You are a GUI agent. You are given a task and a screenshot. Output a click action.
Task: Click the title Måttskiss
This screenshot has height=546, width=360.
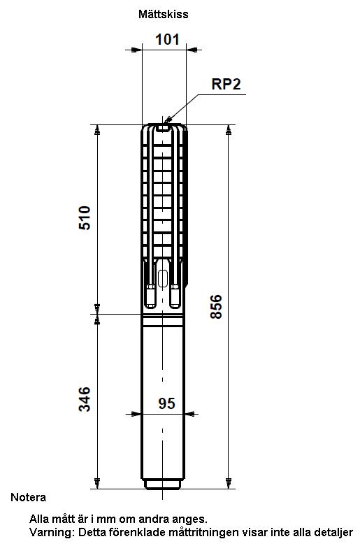click(164, 14)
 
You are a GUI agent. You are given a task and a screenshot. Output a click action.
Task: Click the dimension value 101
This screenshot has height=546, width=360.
click(167, 39)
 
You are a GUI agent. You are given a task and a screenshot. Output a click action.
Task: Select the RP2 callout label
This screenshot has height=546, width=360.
click(226, 84)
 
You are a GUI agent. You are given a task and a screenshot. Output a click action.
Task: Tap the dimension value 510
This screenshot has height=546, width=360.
click(85, 218)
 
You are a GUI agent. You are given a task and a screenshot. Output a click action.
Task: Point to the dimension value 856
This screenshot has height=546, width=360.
click(216, 306)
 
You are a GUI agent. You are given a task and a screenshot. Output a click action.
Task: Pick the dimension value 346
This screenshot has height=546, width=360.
click(85, 399)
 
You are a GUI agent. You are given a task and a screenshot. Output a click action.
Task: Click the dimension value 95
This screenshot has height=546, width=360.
click(167, 403)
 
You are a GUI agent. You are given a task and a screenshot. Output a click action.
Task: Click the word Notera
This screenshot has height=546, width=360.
click(28, 497)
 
